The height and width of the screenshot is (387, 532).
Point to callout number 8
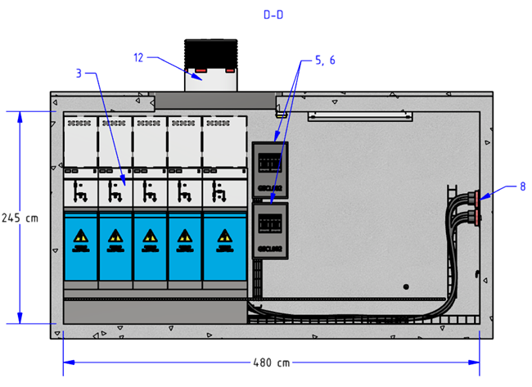coord(521,186)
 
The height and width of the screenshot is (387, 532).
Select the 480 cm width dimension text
coord(270,362)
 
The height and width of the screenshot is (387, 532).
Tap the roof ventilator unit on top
coord(211,65)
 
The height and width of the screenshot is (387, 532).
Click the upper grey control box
coord(270,170)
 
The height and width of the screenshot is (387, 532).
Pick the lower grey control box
coord(270,231)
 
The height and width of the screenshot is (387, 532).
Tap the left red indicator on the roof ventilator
coord(198,70)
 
